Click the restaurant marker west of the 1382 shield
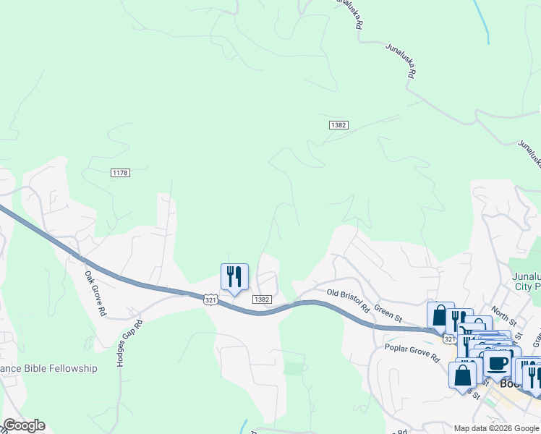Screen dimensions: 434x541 (234, 277)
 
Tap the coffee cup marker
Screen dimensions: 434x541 (498, 364)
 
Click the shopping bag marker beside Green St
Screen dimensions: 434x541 (440, 315)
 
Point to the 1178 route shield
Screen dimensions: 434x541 (120, 172)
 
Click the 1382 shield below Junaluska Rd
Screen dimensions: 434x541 (338, 125)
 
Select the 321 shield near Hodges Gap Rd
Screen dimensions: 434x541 (210, 299)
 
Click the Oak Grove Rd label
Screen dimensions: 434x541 (95, 294)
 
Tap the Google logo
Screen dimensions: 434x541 (24, 425)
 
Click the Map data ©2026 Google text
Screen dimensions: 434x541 (495, 427)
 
